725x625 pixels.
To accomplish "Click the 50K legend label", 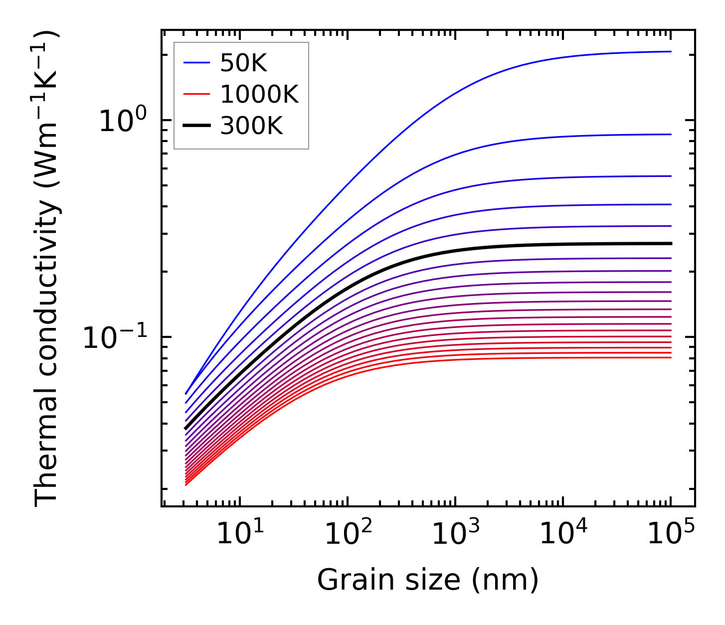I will click(x=244, y=63).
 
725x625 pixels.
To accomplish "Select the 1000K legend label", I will click(x=259, y=94).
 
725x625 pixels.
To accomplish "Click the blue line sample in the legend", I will click(x=196, y=63).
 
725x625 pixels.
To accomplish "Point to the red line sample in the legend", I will click(x=196, y=95).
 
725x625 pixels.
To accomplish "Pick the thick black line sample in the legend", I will click(x=196, y=126).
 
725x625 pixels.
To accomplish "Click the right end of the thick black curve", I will click(x=671, y=243).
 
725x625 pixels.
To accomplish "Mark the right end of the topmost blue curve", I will click(x=671, y=51).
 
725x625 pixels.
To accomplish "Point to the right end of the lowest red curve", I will click(x=671, y=357).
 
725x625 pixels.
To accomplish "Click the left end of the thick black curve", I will click(x=185, y=428).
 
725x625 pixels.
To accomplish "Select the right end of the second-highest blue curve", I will click(x=671, y=134).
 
